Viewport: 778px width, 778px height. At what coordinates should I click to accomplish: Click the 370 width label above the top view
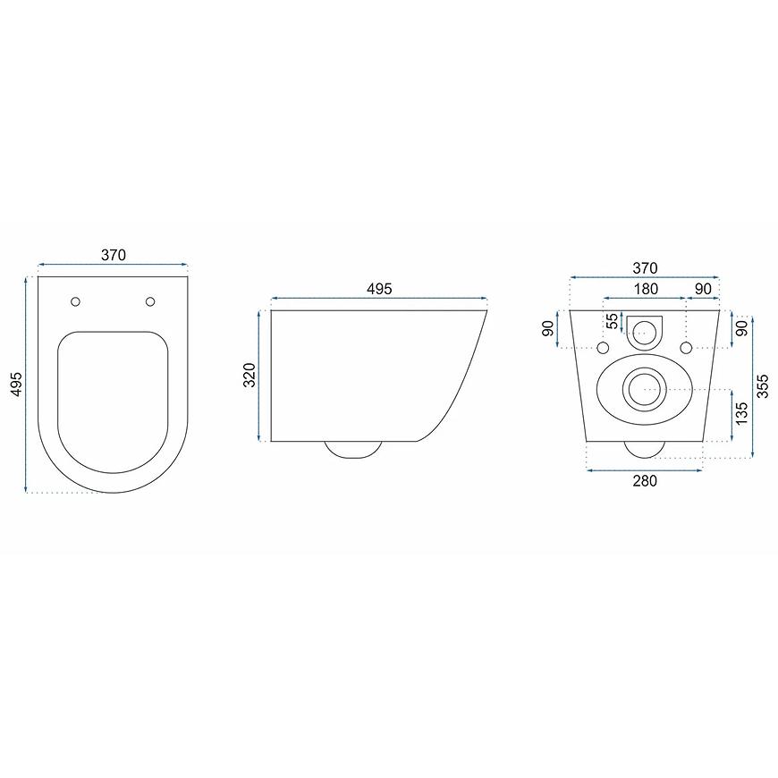114,255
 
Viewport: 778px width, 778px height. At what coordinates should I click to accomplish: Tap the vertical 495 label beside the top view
16,384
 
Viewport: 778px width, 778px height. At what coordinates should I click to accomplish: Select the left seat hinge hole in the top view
75,301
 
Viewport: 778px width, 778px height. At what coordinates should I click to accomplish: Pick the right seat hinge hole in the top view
150,301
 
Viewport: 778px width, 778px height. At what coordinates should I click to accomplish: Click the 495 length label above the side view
379,289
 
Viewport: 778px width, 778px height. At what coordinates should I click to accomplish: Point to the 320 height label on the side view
249,375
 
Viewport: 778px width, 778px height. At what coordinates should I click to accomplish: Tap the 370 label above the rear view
645,268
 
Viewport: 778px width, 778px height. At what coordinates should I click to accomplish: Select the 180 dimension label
646,289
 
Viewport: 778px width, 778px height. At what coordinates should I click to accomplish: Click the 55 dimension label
613,320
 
